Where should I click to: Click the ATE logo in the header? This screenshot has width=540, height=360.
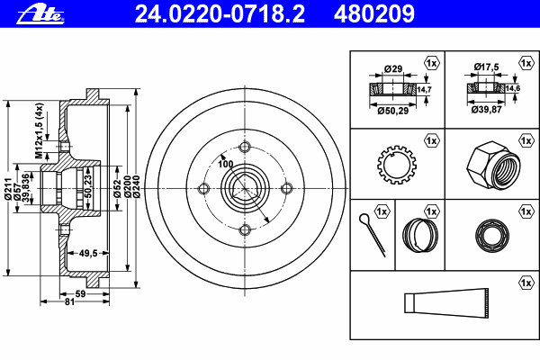(40, 14)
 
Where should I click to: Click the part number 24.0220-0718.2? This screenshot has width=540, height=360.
(220, 13)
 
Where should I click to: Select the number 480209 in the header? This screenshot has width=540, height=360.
(374, 13)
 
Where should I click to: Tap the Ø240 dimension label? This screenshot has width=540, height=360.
(137, 187)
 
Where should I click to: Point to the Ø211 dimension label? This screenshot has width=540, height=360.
(8, 188)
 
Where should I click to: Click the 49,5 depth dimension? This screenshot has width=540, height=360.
(88, 253)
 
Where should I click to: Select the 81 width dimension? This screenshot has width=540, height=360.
(70, 301)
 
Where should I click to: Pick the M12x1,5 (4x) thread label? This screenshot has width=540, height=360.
(40, 130)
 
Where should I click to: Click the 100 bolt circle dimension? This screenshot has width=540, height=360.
(226, 164)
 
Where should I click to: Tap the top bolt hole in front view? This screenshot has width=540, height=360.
(245, 147)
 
